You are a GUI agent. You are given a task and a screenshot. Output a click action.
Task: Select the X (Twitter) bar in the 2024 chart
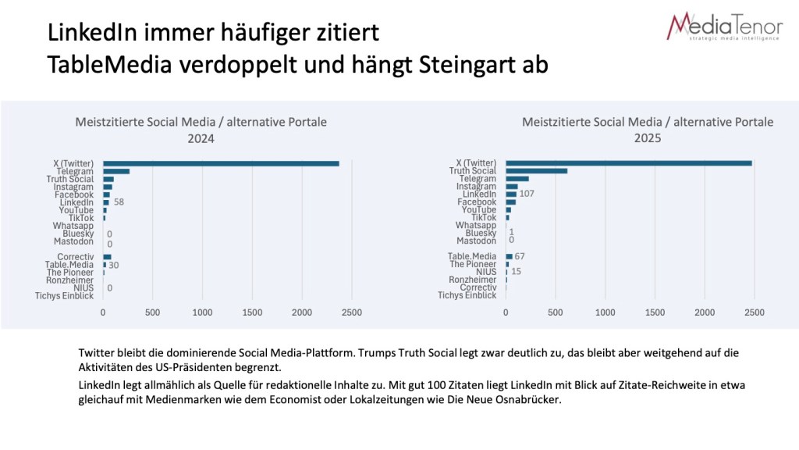221,163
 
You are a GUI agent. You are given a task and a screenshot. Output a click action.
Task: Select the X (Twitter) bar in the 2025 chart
628,163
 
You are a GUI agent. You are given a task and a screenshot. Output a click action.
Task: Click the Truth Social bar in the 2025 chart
536,171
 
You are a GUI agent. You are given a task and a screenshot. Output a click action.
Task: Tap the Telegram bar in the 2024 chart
116,171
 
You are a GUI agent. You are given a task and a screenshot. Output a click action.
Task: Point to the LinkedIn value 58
119,202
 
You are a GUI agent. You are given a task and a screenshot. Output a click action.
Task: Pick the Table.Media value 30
113,265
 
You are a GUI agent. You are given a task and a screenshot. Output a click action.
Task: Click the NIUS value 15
516,272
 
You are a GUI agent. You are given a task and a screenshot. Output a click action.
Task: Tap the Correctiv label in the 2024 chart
75,257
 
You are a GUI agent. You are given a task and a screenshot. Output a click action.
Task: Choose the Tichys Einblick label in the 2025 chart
467,295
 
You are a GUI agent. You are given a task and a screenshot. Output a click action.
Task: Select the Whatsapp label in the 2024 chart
73,226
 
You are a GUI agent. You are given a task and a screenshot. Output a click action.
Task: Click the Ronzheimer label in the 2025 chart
472,280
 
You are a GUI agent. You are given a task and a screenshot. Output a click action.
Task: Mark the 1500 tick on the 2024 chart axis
252,312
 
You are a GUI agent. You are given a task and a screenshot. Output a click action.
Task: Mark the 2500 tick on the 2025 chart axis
754,312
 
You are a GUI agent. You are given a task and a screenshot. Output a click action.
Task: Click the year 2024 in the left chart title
201,138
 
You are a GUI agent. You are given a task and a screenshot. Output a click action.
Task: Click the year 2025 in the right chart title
647,138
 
